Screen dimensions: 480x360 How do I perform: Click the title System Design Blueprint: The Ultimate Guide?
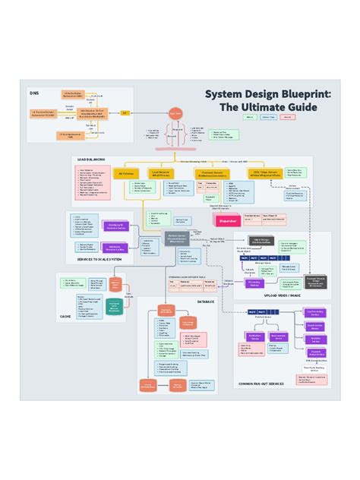[268, 100]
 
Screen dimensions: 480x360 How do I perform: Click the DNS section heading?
[33, 93]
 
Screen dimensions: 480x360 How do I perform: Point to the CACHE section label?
[65, 316]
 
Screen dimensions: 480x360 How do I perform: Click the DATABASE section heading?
[206, 302]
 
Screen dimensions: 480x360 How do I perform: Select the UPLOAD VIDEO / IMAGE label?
[279, 295]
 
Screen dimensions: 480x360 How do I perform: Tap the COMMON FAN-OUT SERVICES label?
[261, 384]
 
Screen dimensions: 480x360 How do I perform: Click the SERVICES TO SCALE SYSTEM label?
[99, 260]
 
